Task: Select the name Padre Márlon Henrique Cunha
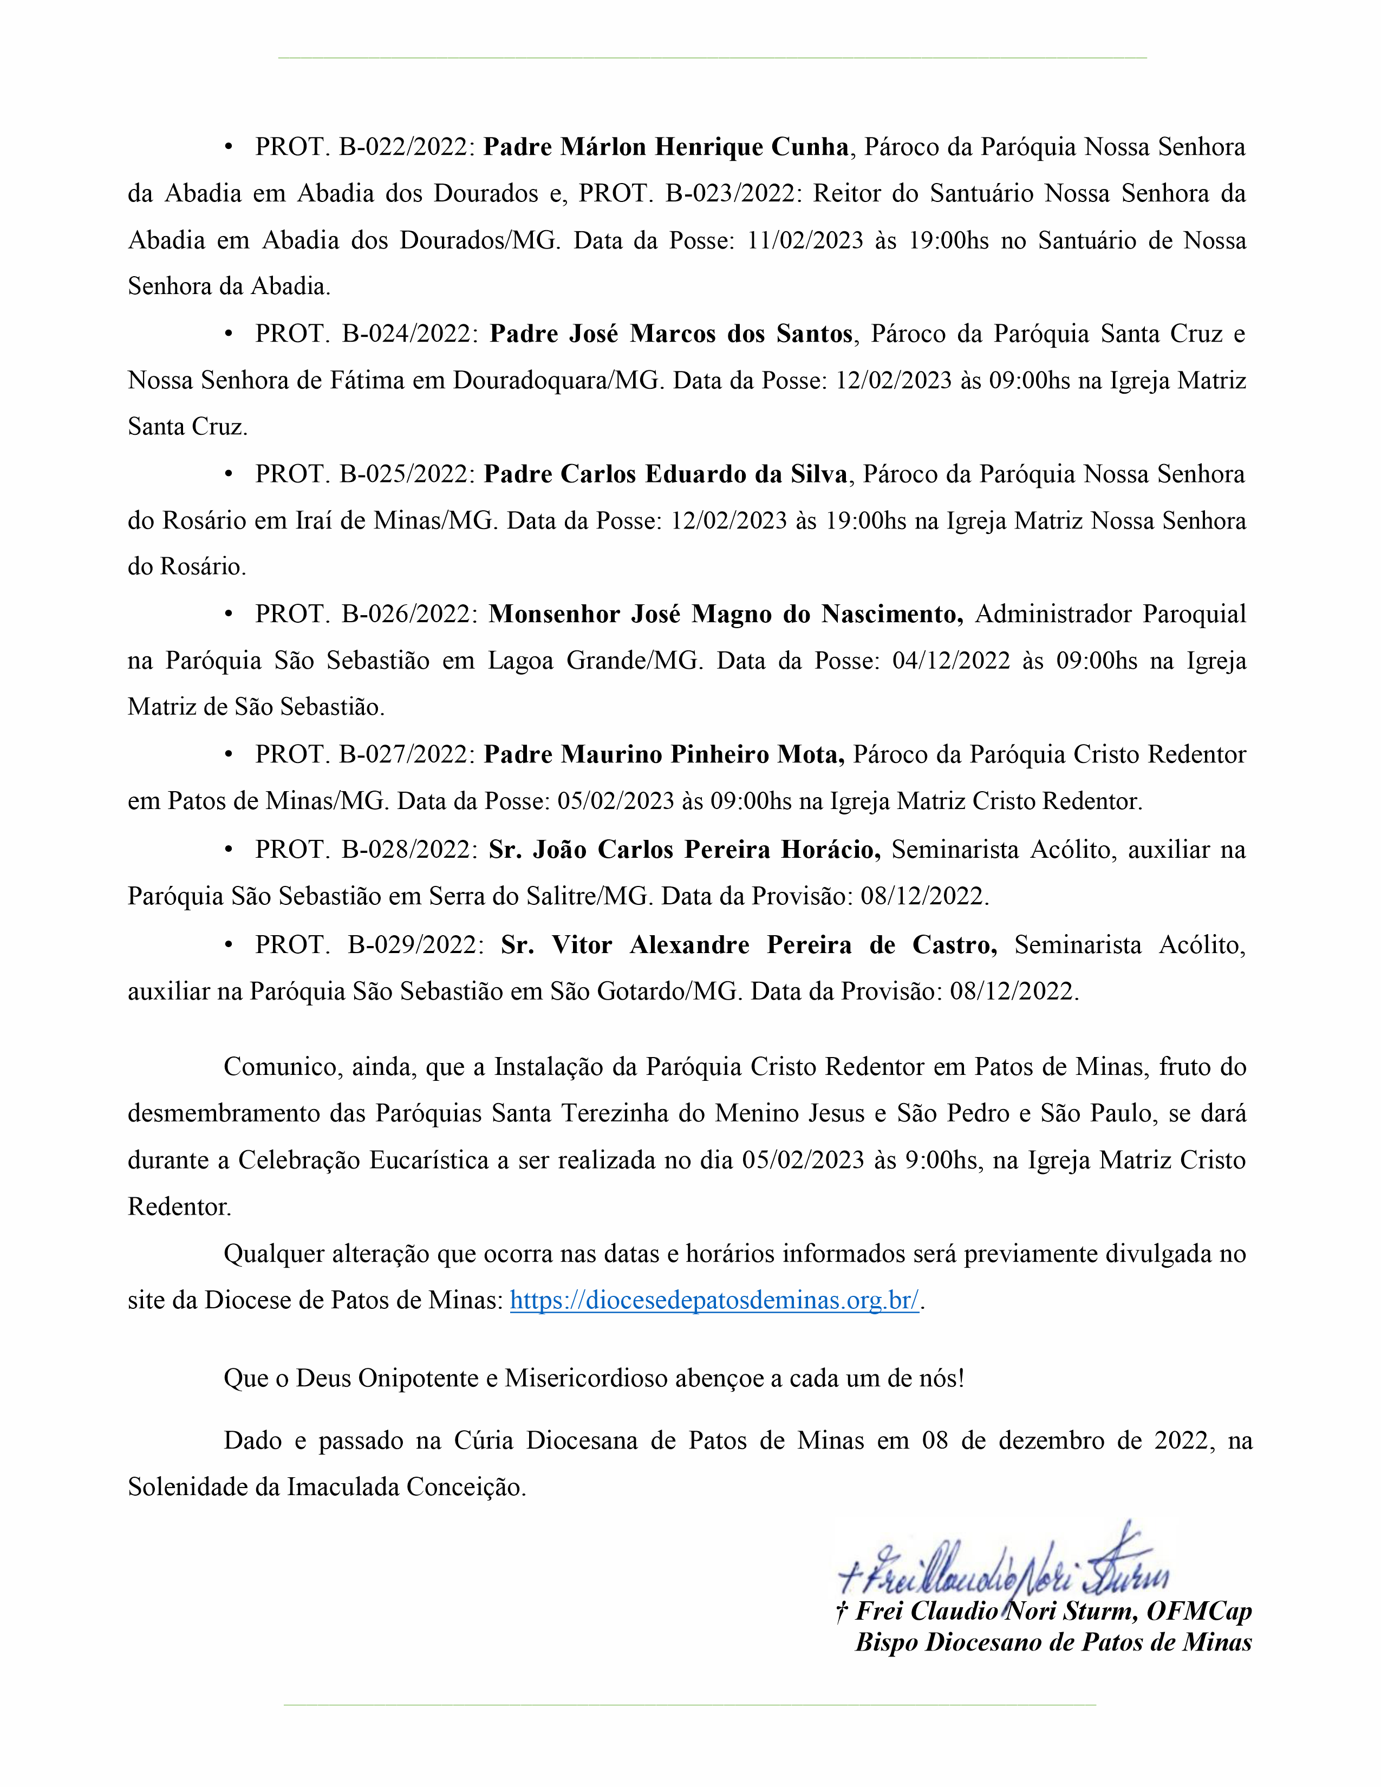pyautogui.click(x=666, y=147)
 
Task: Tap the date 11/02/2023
pyautogui.click(x=805, y=240)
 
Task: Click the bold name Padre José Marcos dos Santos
pyautogui.click(x=671, y=334)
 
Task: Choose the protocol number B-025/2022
pyautogui.click(x=407, y=474)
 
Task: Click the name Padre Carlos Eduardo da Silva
pyautogui.click(x=665, y=474)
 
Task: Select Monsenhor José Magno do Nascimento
pyautogui.click(x=726, y=615)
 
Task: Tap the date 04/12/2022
pyautogui.click(x=950, y=661)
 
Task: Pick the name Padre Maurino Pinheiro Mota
pyautogui.click(x=663, y=754)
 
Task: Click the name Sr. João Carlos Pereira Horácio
pyautogui.click(x=684, y=850)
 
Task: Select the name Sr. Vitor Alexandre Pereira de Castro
pyautogui.click(x=748, y=945)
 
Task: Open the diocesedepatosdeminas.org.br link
pyautogui.click(x=714, y=1300)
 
